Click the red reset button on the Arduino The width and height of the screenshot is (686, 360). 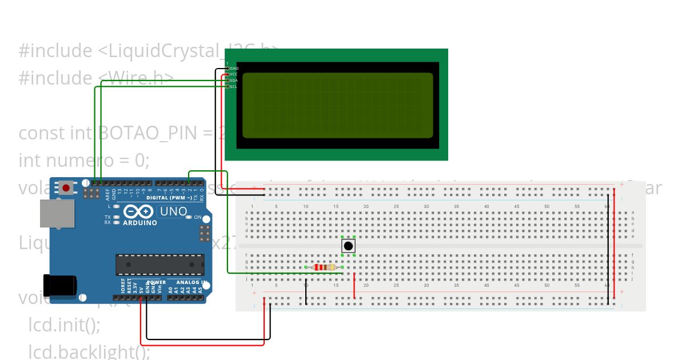pos(66,187)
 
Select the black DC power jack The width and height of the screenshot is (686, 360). pos(61,285)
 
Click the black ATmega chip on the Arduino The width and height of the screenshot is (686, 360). pos(159,265)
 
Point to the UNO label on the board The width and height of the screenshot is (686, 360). pos(173,211)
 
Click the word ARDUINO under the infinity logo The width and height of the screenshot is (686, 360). pos(139,223)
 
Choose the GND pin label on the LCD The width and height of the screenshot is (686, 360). pos(234,68)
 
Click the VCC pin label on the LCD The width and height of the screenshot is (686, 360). pos(234,74)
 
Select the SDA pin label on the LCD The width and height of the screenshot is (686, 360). pos(234,81)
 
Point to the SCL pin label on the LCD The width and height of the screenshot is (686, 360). pos(234,87)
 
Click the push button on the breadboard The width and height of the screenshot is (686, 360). pos(348,246)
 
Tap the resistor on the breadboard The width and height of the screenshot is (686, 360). pos(324,267)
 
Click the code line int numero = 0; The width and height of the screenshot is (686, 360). pos(84,161)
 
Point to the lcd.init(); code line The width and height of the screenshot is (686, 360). pos(64,325)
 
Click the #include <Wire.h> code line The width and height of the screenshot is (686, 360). pos(96,77)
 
